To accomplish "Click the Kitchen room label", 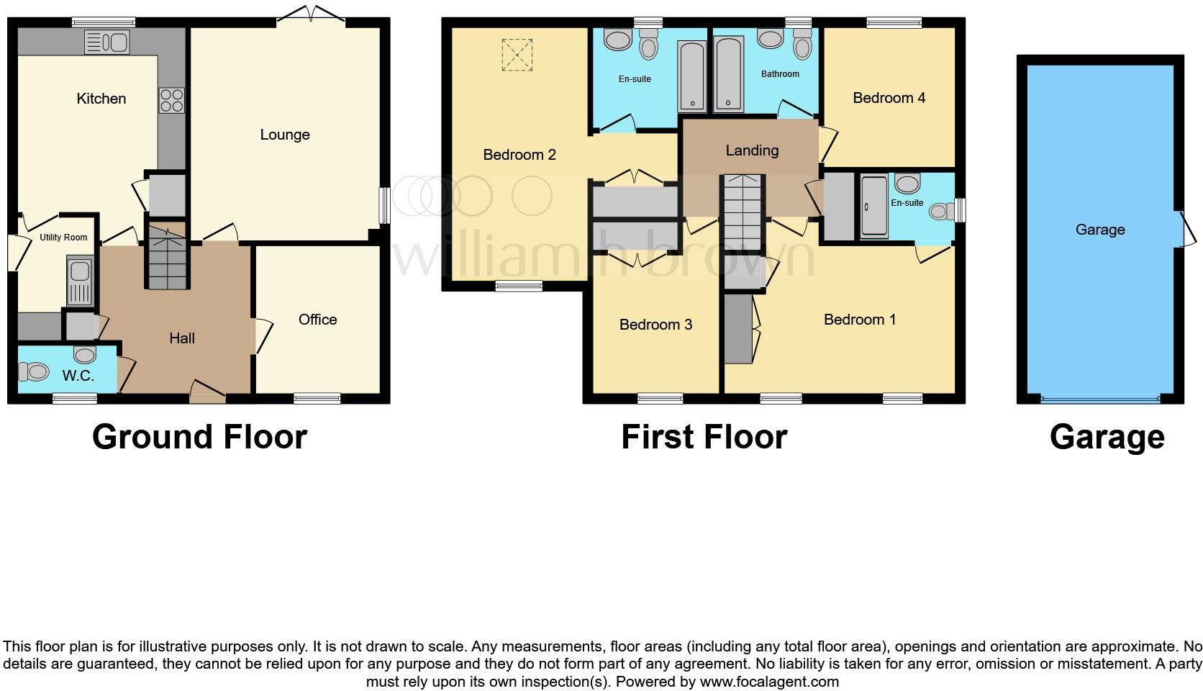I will [101, 99].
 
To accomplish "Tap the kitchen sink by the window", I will [106, 42].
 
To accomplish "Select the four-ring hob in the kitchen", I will [171, 100].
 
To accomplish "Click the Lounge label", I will [285, 135].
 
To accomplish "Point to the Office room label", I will [317, 320].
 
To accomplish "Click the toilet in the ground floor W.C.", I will [33, 371].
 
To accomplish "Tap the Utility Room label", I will [63, 238].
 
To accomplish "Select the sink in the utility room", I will [79, 281].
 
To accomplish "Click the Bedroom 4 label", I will [889, 98].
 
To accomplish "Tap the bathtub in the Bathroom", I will [728, 75].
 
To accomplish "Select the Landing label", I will [752, 150].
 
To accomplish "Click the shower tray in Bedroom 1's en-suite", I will [874, 206].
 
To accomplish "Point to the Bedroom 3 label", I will [655, 325].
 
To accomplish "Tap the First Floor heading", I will [704, 437].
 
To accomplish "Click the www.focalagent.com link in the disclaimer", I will [768, 681].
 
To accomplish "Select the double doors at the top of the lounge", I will [311, 15].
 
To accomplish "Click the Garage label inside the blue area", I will [1099, 230].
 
